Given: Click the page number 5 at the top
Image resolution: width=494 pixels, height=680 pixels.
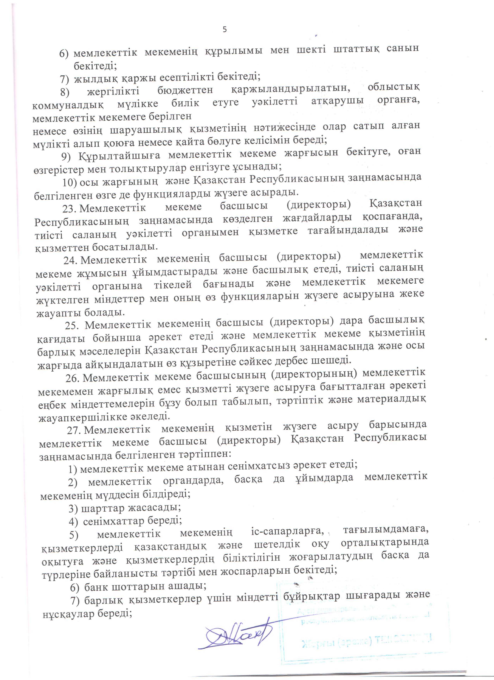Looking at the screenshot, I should (x=225, y=29).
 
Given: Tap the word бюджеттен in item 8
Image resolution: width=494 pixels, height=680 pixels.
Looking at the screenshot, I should (x=185, y=90).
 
